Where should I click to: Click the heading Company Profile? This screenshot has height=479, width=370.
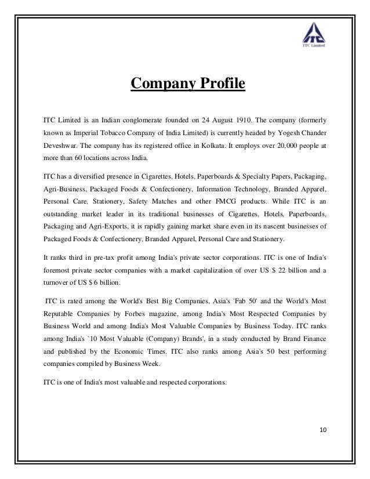pyautogui.click(x=188, y=85)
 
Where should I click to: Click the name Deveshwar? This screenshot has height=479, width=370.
pyautogui.click(x=60, y=146)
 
